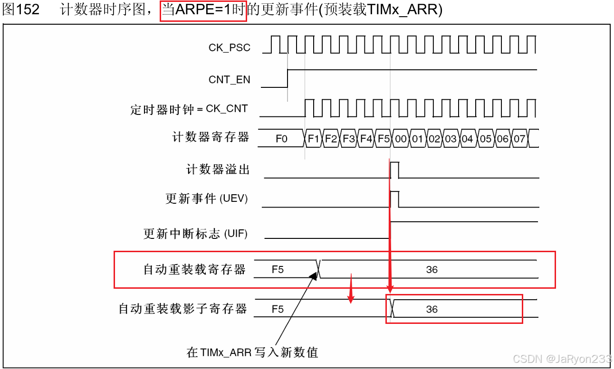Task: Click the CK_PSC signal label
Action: pos(229,48)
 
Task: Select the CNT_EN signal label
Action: pos(229,80)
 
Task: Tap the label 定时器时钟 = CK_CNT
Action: pos(189,109)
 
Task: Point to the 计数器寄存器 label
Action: pos(211,138)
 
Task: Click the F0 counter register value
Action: pos(281,139)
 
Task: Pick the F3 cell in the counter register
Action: pos(349,139)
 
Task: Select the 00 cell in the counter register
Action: pos(401,139)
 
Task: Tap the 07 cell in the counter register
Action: pos(519,139)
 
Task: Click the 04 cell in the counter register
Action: pos(467,139)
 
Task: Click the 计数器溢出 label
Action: pos(218,170)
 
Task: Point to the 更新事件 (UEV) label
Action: pos(207,199)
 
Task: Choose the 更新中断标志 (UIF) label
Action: pos(196,234)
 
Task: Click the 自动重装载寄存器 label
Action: pos(194,270)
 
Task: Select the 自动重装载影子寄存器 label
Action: pos(182,309)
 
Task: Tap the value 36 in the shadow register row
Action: pos(432,309)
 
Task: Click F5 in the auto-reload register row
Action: pos(278,270)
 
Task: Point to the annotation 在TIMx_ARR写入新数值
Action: pos(252,352)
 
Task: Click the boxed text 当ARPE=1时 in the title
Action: pos(204,10)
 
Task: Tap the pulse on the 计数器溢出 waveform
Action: pos(394,170)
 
